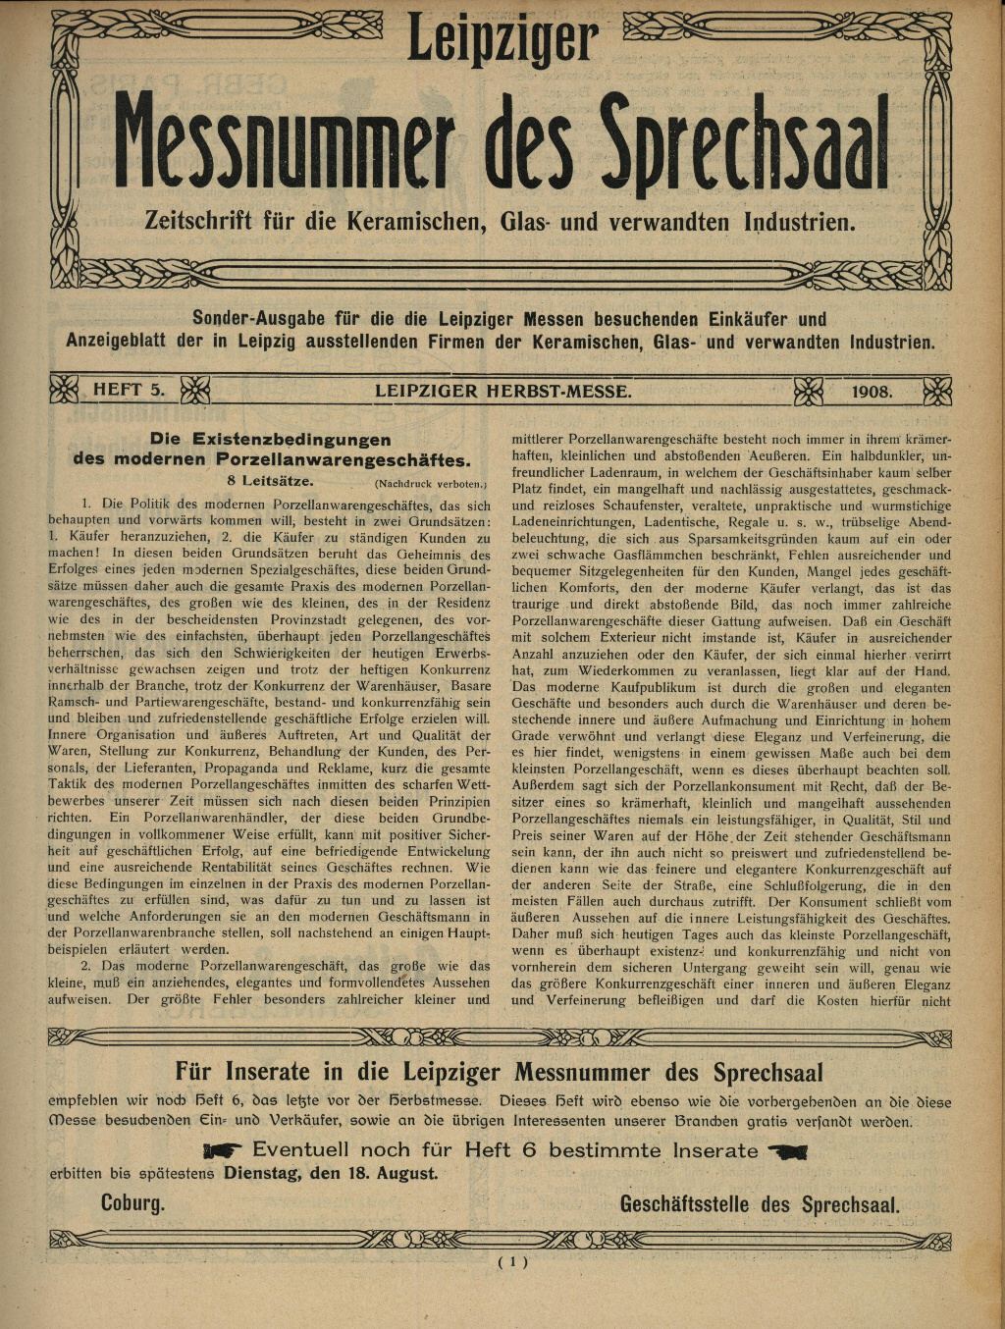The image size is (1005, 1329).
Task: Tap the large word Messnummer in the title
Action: (284, 142)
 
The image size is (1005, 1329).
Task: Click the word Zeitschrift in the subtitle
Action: (204, 221)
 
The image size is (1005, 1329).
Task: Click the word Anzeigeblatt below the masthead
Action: (127, 343)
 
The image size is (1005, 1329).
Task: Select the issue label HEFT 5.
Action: (129, 390)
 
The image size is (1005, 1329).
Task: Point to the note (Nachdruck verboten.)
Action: (430, 484)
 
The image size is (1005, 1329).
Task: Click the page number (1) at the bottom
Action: (512, 1262)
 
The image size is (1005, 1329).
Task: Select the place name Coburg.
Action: (132, 1203)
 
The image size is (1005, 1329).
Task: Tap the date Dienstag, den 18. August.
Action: (331, 1173)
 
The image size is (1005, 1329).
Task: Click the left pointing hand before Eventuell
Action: (224, 1150)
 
